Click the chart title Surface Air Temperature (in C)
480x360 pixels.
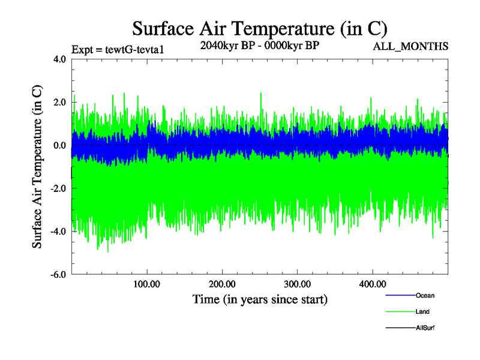click(x=260, y=28)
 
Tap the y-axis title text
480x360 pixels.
click(x=37, y=167)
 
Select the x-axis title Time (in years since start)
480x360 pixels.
click(x=260, y=299)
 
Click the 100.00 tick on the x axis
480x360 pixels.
click(x=146, y=284)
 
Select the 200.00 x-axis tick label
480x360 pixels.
click(x=222, y=284)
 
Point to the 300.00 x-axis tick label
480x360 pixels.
click(x=297, y=284)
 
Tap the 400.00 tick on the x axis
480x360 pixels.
click(x=372, y=284)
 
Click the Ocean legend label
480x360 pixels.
click(x=425, y=295)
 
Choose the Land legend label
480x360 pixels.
click(x=422, y=311)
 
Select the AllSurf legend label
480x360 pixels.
click(x=425, y=328)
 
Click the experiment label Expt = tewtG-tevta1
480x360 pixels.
click(x=118, y=50)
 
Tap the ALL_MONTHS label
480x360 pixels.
click(x=410, y=46)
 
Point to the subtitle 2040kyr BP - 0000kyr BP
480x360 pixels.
click(x=259, y=46)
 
